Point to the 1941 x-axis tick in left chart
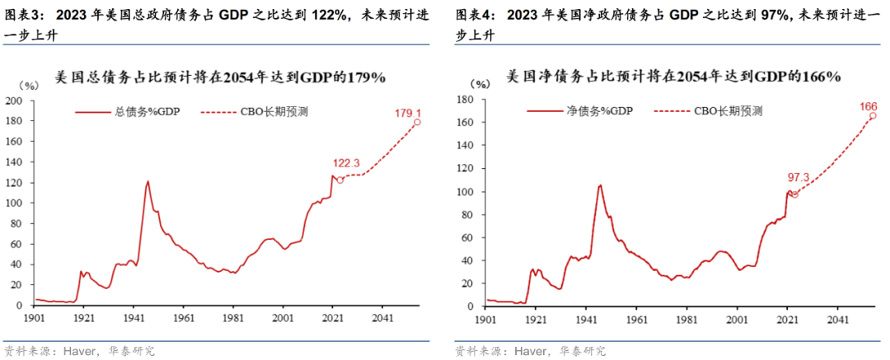[x=133, y=317]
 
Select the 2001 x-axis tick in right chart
[x=737, y=317]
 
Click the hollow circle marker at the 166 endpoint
[x=873, y=115]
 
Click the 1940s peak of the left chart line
[x=148, y=181]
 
